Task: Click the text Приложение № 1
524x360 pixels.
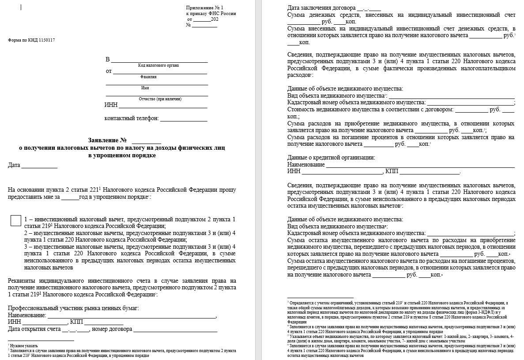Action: tap(204, 8)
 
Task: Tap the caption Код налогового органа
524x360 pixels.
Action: tap(158, 65)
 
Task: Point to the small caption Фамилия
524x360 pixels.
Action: tap(149, 76)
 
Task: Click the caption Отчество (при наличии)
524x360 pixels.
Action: tap(160, 99)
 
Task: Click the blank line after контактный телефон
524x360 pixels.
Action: tap(183, 118)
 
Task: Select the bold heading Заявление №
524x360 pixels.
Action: tap(105, 140)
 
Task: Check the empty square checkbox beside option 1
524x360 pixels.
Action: tap(15, 220)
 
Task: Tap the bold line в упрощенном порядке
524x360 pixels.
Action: tap(122, 155)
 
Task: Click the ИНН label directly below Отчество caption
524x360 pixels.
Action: tap(110, 105)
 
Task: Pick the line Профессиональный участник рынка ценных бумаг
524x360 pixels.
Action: tap(73, 308)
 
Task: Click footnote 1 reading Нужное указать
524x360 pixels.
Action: tap(24, 346)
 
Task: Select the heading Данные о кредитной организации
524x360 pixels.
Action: tap(331, 157)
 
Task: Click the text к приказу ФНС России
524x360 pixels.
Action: tap(211, 14)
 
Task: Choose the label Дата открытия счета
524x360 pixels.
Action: tap(34, 329)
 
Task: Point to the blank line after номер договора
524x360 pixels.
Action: tap(175, 329)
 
